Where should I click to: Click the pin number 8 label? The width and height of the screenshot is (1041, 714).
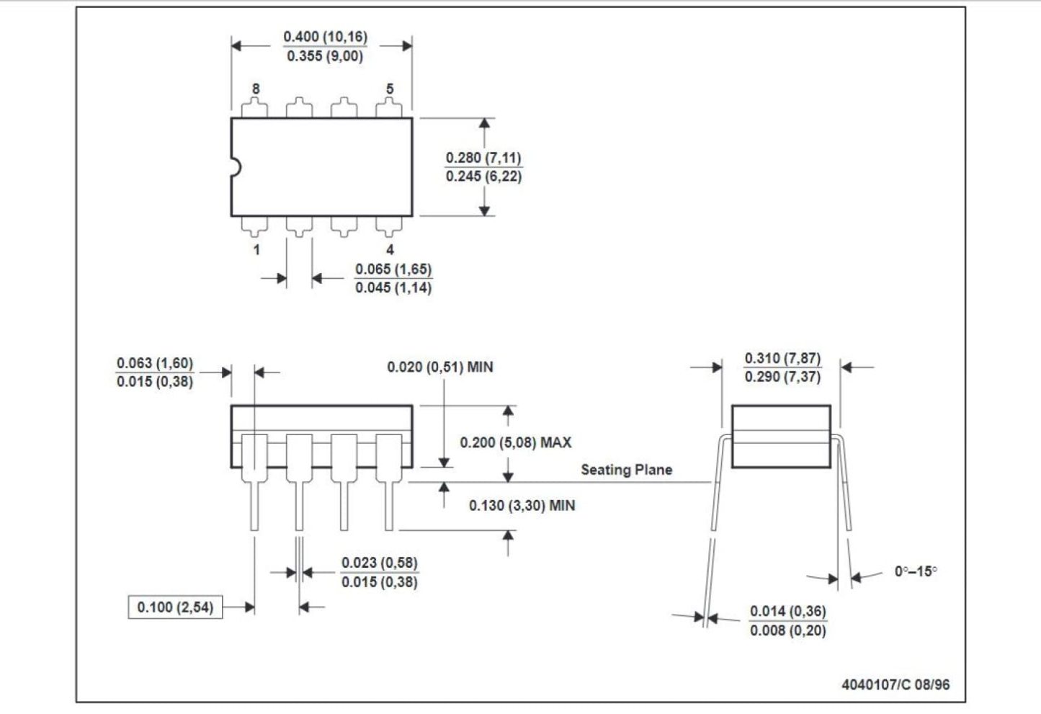tap(256, 89)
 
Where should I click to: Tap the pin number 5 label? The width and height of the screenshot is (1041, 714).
tap(390, 89)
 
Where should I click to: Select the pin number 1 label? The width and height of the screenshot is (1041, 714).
tap(256, 249)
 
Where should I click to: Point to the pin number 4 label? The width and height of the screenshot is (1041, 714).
tap(390, 249)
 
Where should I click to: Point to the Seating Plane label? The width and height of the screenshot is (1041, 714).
tap(627, 470)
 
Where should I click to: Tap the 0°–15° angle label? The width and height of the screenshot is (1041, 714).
tap(916, 571)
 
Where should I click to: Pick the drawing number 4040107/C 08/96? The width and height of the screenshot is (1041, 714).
tap(895, 684)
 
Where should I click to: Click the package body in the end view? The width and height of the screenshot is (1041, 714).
tap(781, 437)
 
